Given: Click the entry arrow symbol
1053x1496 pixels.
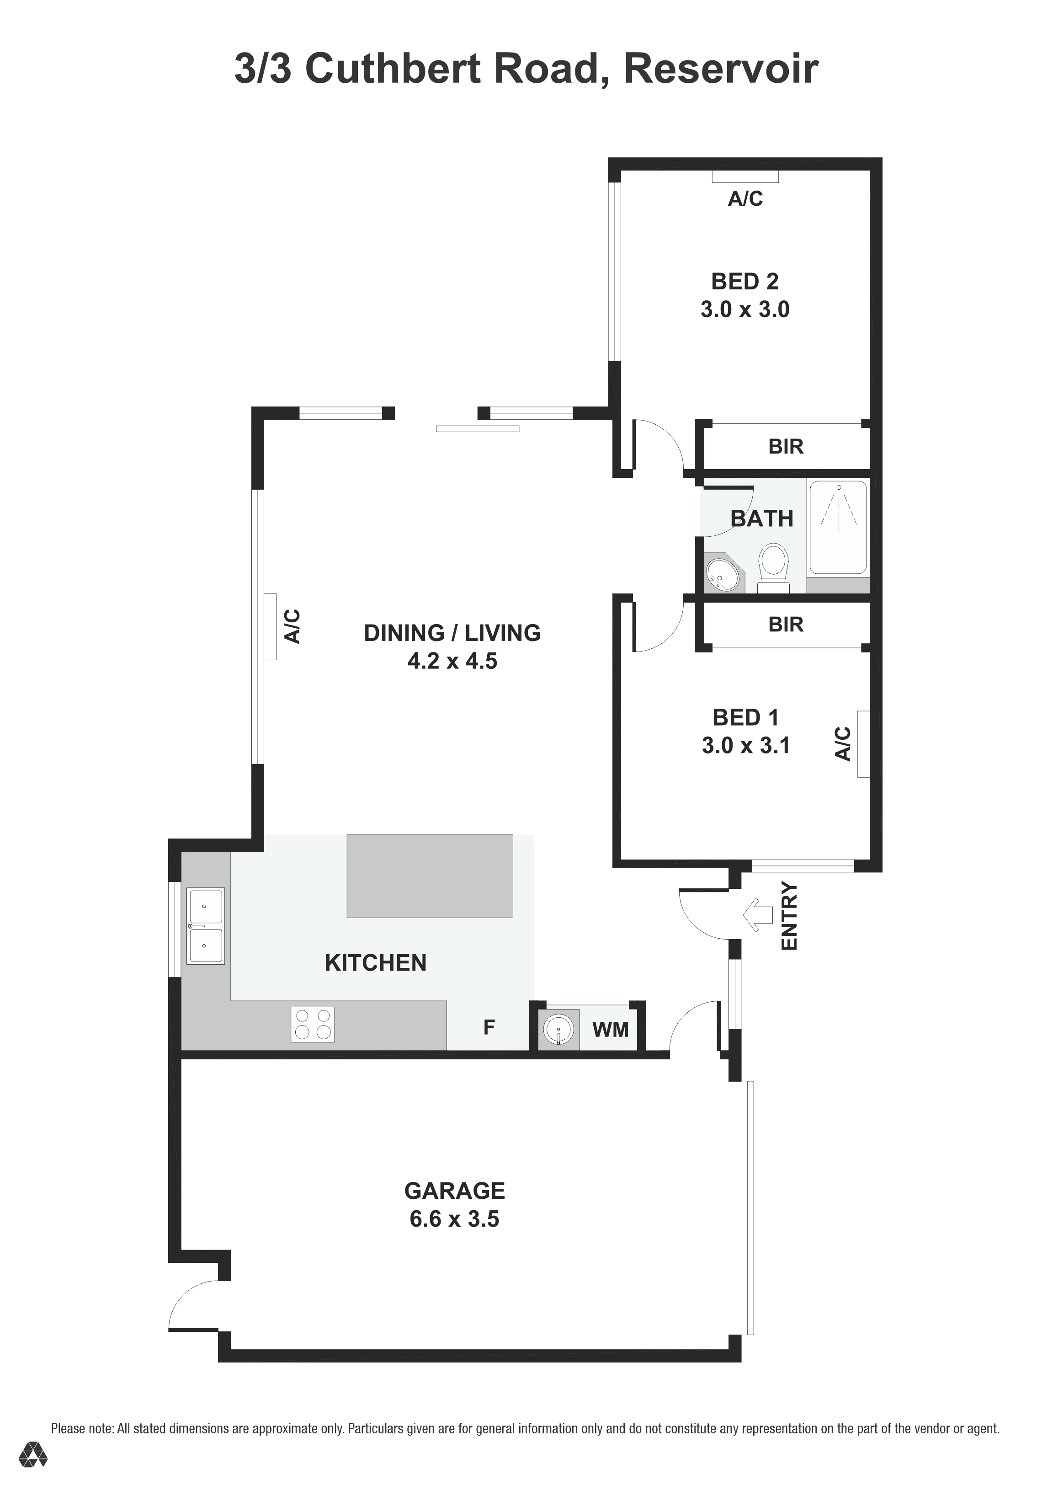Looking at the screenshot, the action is click(x=757, y=915).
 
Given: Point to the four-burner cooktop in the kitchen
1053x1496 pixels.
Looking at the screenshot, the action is click(x=313, y=1024).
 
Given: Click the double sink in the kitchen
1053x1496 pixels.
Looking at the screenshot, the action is click(x=205, y=926).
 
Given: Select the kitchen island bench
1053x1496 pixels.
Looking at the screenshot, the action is click(x=430, y=876).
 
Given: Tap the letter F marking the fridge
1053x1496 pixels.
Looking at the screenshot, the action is click(x=489, y=1027).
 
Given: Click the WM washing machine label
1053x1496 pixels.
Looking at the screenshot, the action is click(x=610, y=1030).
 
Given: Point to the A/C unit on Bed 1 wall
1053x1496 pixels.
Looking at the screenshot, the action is click(x=863, y=744).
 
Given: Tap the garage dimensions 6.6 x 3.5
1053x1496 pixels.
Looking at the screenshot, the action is click(x=455, y=1219).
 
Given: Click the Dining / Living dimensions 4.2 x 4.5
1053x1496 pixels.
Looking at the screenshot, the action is click(x=452, y=661).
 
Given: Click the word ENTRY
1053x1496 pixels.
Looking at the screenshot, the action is click(x=789, y=915).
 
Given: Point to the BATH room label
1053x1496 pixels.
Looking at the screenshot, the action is click(x=762, y=518).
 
